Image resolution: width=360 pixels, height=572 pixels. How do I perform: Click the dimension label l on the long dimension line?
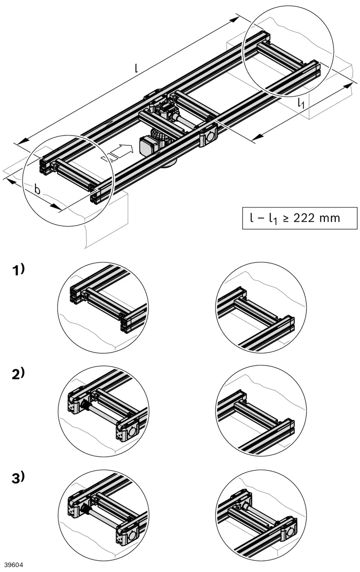(137, 68)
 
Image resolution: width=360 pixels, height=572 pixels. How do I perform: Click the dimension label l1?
(301, 103)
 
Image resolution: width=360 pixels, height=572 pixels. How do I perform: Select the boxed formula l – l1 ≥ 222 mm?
(300, 218)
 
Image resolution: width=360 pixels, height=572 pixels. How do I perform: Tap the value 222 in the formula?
(302, 218)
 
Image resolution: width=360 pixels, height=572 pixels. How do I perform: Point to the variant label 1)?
(18, 270)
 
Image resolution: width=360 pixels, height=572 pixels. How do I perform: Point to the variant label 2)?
(18, 374)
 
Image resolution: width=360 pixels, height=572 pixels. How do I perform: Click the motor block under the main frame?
(147, 146)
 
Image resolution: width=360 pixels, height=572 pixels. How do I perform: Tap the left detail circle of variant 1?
(103, 308)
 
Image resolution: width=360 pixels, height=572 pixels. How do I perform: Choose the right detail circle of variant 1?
(261, 308)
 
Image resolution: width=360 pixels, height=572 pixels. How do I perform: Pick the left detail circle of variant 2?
(103, 411)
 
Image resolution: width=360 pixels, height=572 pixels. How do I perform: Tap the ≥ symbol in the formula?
(286, 219)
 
